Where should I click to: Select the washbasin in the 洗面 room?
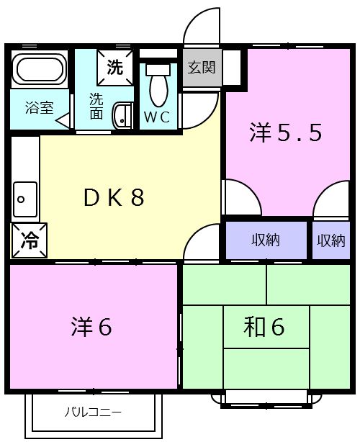point(122,116)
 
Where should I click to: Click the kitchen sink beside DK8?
point(25,199)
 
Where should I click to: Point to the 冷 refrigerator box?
point(30,240)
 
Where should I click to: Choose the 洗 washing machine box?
point(115,68)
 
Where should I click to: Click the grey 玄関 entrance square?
point(202,68)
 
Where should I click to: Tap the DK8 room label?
point(114,198)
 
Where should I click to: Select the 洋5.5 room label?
point(285,132)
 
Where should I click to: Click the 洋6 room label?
point(91,326)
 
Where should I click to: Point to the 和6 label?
point(264,326)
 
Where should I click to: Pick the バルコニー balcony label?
point(93,412)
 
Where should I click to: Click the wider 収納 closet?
point(266,240)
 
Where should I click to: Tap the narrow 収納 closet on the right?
point(331,240)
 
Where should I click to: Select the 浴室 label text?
point(40,107)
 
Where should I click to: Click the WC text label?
point(157,117)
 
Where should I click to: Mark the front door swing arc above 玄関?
point(194,18)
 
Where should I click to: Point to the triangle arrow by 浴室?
point(63,120)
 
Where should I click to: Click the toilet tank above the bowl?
point(158,69)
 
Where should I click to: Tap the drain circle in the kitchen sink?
point(21,199)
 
